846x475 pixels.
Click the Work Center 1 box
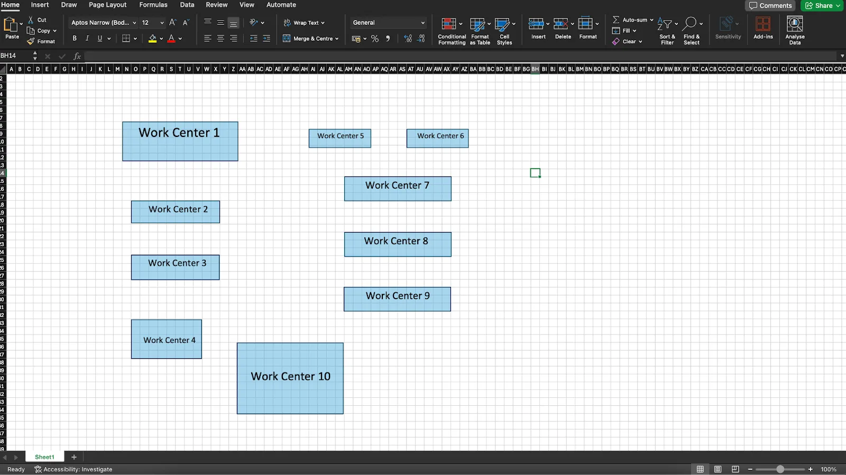(x=180, y=141)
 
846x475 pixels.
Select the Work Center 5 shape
(x=339, y=138)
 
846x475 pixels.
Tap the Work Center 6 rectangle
(x=437, y=138)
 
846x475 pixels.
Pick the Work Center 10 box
(x=290, y=378)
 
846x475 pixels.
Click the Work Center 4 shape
(x=166, y=339)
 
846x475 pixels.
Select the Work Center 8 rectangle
(x=398, y=244)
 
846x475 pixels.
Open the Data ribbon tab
(x=187, y=5)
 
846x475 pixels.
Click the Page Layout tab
(x=108, y=5)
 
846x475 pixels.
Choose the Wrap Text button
(x=304, y=23)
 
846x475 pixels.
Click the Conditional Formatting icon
(x=449, y=24)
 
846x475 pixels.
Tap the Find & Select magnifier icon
(x=689, y=24)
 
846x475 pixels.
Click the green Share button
(x=822, y=6)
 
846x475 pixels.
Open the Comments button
(x=770, y=6)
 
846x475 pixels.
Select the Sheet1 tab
(x=44, y=457)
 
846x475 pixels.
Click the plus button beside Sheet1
(x=74, y=457)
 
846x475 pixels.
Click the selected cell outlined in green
(x=535, y=173)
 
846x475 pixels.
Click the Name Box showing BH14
(x=17, y=56)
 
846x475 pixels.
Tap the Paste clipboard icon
(x=11, y=24)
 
